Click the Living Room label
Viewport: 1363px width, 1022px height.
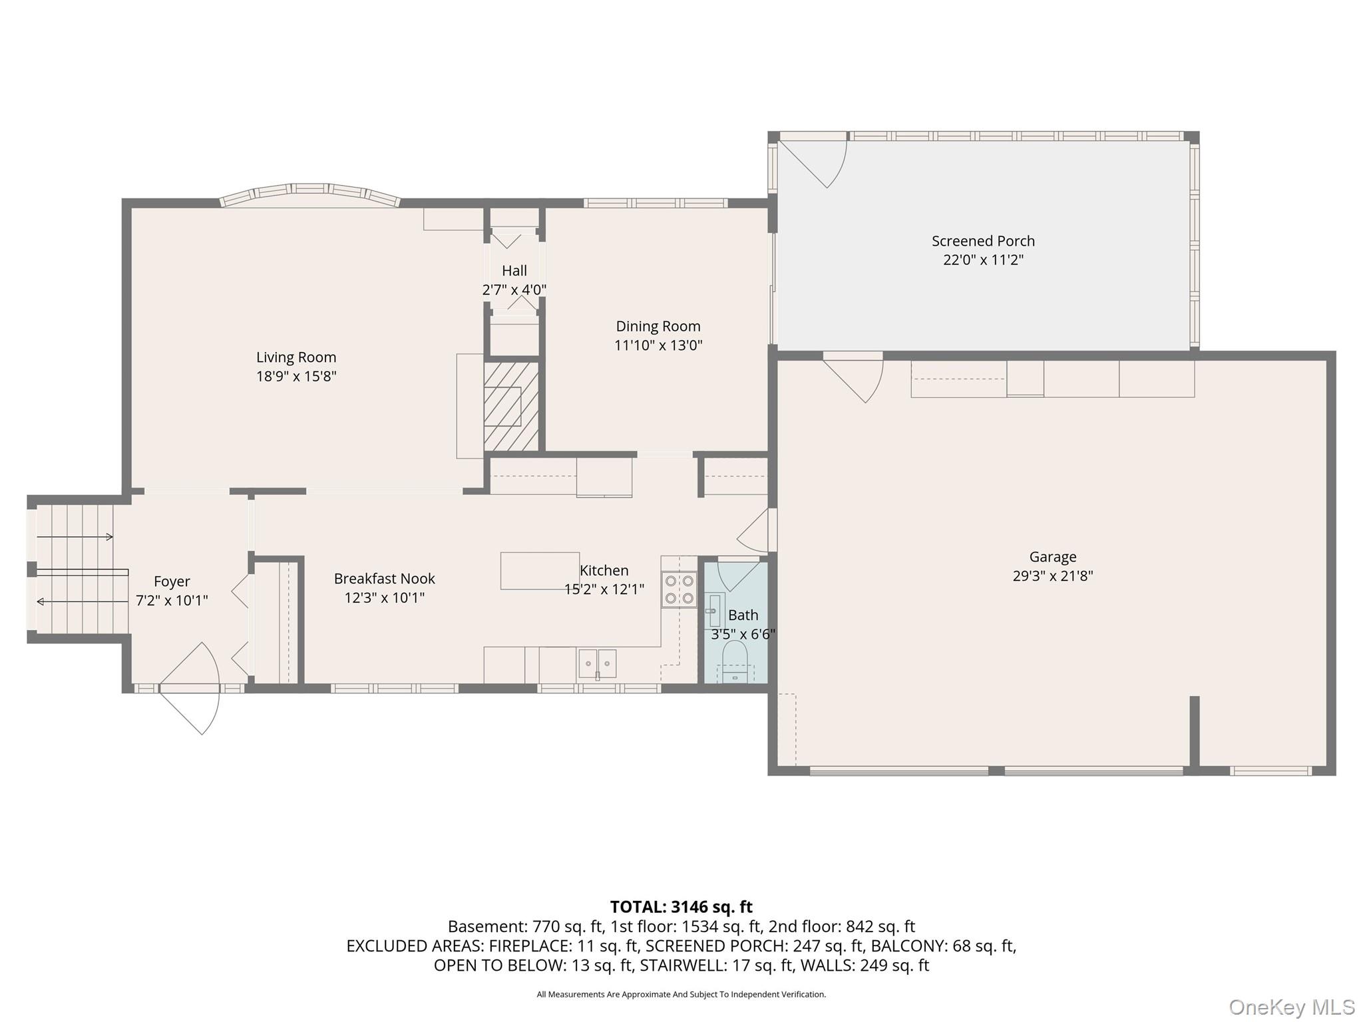(296, 357)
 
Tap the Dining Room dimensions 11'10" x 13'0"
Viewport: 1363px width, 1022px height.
(658, 345)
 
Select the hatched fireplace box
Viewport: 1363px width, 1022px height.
(510, 406)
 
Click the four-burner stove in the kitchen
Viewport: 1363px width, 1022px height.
(679, 590)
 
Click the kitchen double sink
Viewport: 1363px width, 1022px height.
(598, 663)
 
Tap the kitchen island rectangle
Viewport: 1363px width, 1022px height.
(540, 570)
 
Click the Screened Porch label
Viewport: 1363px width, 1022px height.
(983, 241)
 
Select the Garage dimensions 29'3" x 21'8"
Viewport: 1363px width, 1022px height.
(1053, 576)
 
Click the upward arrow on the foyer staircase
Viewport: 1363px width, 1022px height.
(75, 537)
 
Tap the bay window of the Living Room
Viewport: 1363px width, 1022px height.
(309, 192)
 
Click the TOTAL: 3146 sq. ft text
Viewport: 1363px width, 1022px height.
(681, 907)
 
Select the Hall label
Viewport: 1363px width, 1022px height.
(514, 271)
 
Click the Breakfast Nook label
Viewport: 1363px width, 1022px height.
(384, 579)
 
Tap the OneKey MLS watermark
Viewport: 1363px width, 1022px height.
(1291, 1007)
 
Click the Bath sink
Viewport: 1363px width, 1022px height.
(713, 609)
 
